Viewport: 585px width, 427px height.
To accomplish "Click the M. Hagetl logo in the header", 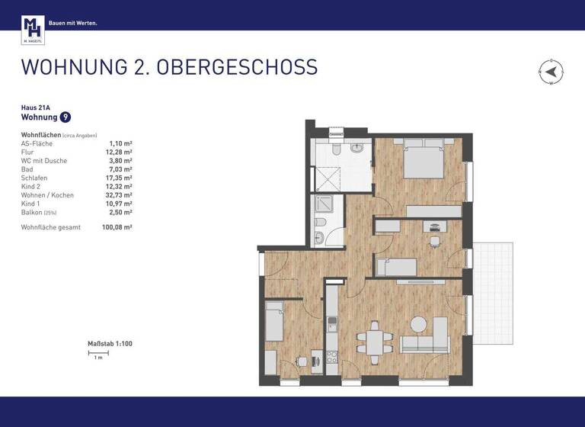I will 33,30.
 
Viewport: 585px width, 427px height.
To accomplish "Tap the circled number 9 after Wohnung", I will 66,117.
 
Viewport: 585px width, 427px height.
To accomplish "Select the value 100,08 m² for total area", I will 117,227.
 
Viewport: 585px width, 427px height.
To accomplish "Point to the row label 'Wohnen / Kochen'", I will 47,195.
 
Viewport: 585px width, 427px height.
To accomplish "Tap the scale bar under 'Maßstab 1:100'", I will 97,352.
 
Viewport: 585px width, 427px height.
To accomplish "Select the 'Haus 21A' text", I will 35,108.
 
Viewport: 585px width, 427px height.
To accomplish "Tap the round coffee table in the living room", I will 418,323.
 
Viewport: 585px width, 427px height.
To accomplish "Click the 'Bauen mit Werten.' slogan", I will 73,23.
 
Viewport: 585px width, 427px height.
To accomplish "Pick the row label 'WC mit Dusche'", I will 44,161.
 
